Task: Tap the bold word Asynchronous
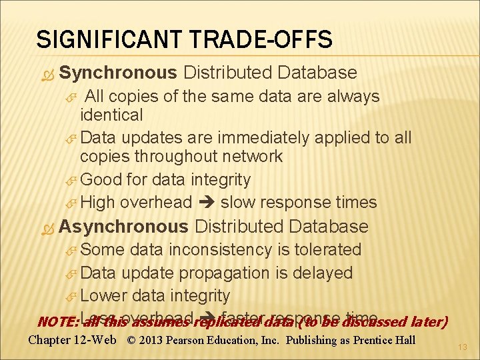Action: tap(124, 226)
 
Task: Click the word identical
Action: tap(111, 115)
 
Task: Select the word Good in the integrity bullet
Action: tap(102, 180)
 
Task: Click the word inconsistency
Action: tap(229, 250)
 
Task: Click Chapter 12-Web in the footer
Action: tap(73, 341)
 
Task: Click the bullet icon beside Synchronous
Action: tap(45, 73)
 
